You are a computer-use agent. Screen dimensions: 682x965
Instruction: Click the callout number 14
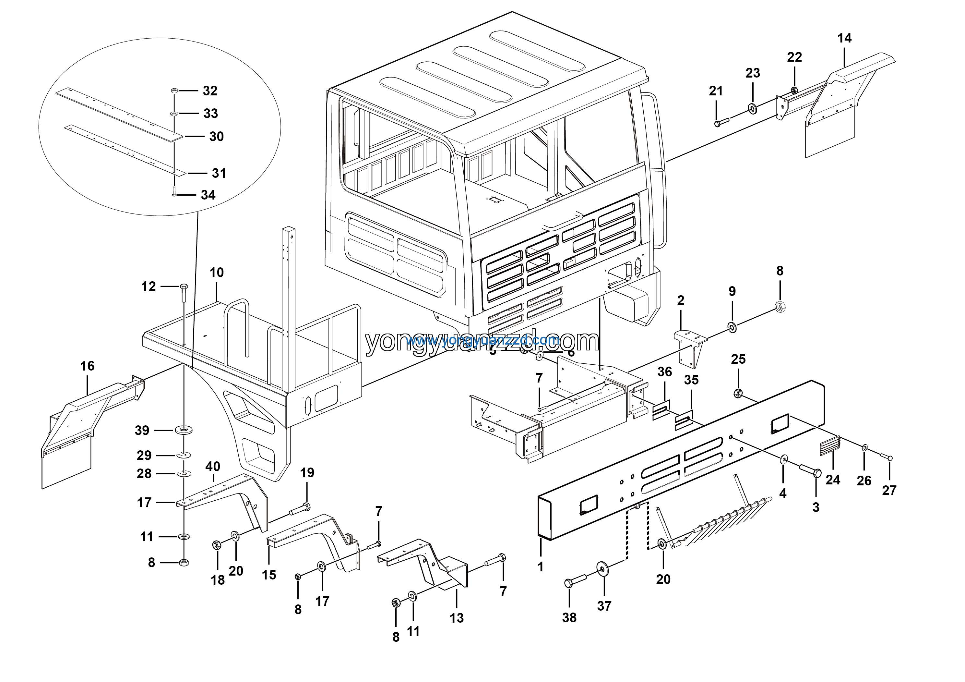coord(844,38)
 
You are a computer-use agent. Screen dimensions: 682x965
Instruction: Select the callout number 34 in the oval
coord(208,195)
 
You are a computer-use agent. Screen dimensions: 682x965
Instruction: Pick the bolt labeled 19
coord(300,510)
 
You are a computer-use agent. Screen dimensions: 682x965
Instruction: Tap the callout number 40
coord(213,466)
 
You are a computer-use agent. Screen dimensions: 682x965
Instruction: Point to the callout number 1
coord(541,567)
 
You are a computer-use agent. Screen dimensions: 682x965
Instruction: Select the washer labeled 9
coord(732,327)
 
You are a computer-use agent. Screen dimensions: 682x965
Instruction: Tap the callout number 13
coord(457,618)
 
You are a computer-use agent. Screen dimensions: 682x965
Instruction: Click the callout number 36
coord(664,372)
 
